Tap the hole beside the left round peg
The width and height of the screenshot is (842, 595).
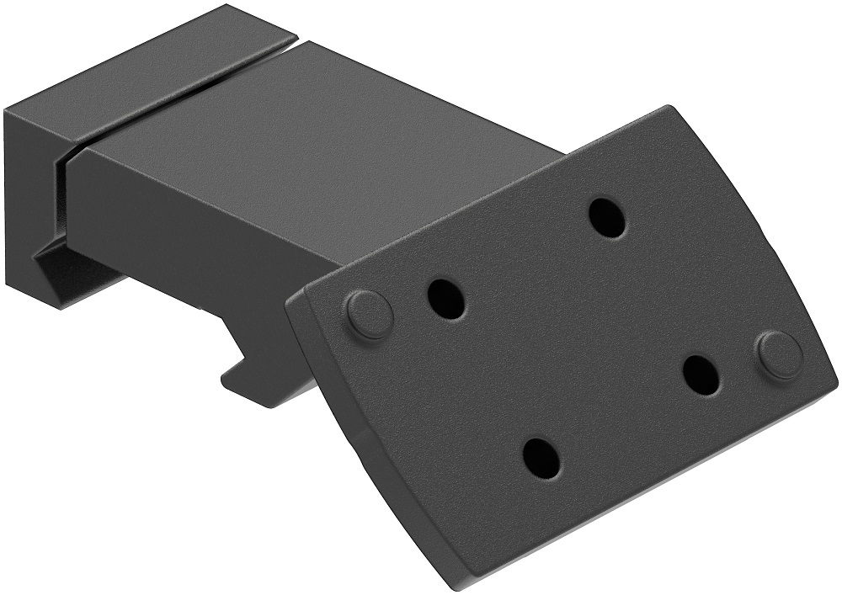(446, 297)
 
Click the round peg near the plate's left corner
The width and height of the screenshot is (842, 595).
(369, 313)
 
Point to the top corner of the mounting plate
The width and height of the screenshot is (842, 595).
(669, 109)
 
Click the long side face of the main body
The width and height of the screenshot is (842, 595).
(210, 236)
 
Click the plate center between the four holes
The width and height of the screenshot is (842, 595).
(573, 337)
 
